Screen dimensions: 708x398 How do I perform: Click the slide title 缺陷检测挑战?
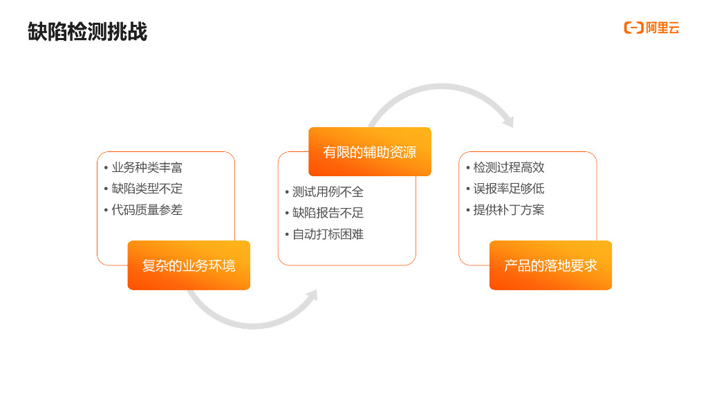click(87, 32)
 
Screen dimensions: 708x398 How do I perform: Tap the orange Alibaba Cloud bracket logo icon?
click(633, 28)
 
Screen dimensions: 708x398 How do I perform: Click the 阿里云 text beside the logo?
click(663, 28)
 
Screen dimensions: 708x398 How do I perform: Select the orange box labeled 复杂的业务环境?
click(189, 265)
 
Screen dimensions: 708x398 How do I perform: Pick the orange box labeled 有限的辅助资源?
click(370, 152)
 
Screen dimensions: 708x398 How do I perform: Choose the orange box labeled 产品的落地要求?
click(550, 265)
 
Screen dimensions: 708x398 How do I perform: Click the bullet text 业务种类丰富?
click(147, 168)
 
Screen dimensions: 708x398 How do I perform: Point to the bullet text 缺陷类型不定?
click(147, 189)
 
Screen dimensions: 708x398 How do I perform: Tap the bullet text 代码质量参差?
click(147, 210)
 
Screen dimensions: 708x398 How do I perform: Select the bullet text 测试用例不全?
click(328, 192)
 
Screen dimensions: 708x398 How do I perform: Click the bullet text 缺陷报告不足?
click(328, 213)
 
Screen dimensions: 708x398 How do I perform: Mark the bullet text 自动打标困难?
click(328, 234)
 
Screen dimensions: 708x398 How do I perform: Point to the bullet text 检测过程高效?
click(509, 168)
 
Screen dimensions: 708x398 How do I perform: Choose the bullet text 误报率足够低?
click(509, 189)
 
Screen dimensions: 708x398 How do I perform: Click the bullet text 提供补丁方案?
click(509, 210)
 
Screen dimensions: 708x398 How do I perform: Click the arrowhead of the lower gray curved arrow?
click(312, 296)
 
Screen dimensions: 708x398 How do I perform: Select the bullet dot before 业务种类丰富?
click(106, 168)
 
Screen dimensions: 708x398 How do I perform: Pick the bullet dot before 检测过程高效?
click(467, 168)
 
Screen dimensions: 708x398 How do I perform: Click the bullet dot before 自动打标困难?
click(287, 234)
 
